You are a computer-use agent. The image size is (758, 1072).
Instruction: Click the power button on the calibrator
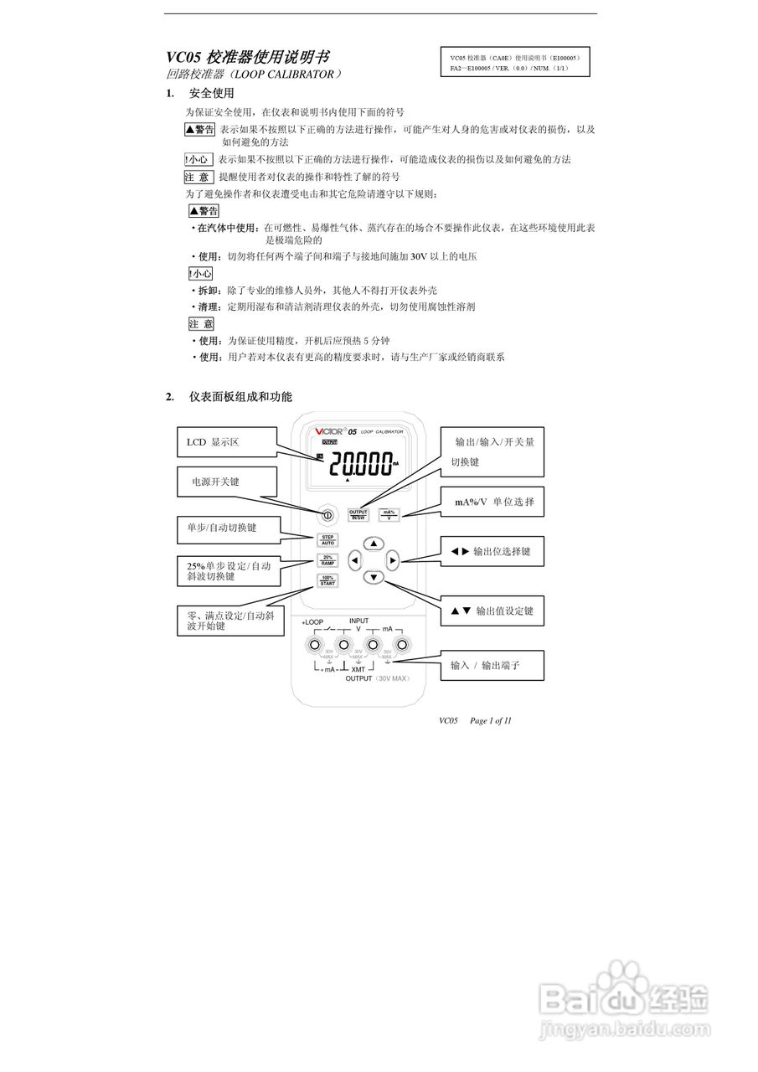point(328,514)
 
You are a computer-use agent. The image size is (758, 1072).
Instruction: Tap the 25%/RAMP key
point(328,559)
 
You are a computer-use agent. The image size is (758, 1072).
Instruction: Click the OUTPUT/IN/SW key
point(358,514)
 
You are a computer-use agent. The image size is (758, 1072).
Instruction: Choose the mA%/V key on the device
point(389,514)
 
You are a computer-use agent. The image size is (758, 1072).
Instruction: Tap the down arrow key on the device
point(374,577)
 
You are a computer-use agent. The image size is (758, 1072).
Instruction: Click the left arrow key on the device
point(355,559)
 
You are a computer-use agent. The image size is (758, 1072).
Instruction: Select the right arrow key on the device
point(393,559)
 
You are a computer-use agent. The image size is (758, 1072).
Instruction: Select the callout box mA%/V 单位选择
point(493,502)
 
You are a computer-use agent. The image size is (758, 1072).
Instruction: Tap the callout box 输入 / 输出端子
point(493,665)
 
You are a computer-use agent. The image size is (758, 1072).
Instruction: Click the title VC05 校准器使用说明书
point(247,58)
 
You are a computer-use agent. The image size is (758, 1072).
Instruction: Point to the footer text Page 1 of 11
point(491,720)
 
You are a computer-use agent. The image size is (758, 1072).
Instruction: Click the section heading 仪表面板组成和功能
point(240,396)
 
